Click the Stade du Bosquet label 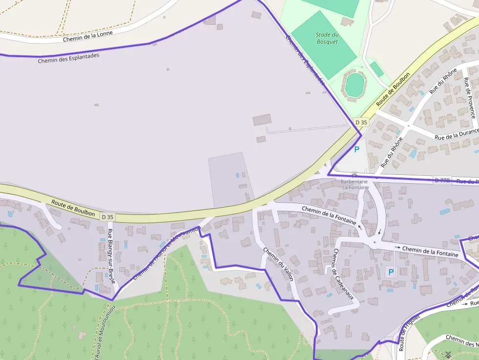click(327, 38)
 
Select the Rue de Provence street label click(470, 98)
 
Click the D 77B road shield click(442, 180)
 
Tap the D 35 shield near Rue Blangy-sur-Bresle click(108, 216)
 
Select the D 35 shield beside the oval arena click(361, 122)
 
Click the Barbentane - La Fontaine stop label click(354, 184)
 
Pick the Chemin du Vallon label click(278, 264)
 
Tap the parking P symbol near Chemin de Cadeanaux click(391, 272)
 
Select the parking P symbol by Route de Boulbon click(356, 149)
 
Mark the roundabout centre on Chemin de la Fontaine click(374, 242)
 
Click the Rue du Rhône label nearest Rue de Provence click(442, 81)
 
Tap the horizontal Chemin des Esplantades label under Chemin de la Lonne click(68, 59)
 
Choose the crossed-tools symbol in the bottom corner click(448, 355)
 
